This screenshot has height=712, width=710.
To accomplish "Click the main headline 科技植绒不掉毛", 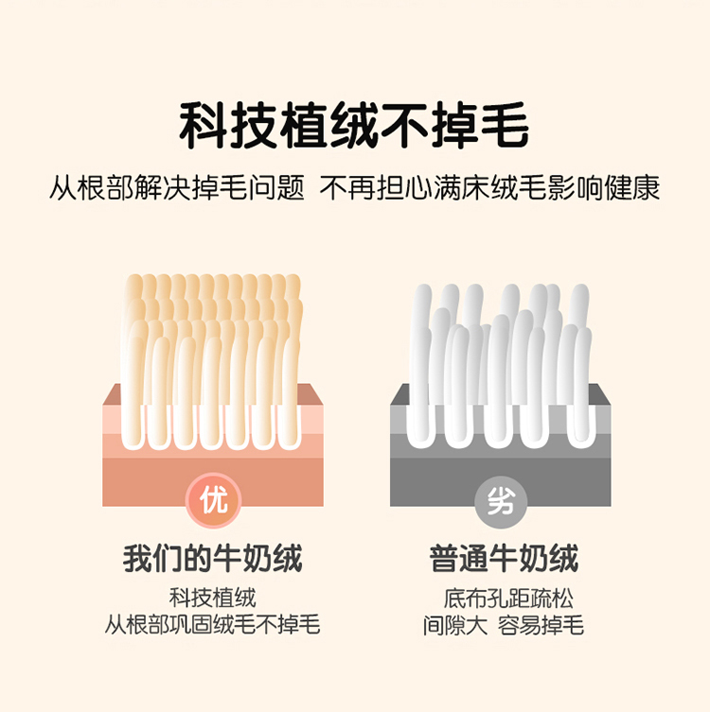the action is (x=354, y=125).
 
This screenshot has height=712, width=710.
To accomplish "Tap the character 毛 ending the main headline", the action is (x=505, y=125).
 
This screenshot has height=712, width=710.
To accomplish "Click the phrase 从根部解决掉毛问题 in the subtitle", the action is (x=177, y=187).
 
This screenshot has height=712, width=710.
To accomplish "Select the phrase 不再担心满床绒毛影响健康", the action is (x=489, y=187).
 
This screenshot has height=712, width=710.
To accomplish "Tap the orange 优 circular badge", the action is (x=213, y=501).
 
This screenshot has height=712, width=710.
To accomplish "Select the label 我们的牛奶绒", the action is (x=213, y=558).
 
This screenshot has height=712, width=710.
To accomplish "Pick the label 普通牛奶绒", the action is (x=504, y=558).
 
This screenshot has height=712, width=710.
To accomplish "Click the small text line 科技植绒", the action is (x=213, y=598).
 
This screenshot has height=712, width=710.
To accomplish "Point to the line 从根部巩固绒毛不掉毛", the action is (x=213, y=624).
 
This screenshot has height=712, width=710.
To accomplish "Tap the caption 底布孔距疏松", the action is (x=508, y=599).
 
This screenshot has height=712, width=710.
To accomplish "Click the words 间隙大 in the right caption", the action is (x=455, y=625).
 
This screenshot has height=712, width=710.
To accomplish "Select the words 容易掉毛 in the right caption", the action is (x=541, y=625).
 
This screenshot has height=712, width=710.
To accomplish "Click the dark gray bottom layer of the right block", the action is (x=501, y=482).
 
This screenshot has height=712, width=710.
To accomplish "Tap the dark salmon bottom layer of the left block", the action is (x=213, y=482).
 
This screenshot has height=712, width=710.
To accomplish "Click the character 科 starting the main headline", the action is (x=204, y=125).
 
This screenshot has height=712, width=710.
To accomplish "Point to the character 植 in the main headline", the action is (x=304, y=125).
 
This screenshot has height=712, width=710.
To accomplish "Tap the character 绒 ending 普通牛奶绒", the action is (x=564, y=558).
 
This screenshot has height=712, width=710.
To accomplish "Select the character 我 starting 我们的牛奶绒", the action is (x=137, y=558).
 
